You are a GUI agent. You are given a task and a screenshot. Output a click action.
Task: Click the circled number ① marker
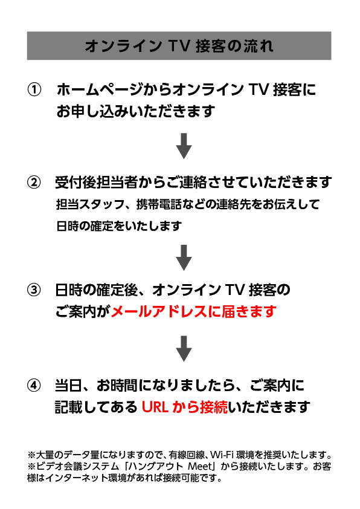[x=34, y=90]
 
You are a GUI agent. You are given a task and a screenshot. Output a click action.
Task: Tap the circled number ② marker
[x=34, y=183]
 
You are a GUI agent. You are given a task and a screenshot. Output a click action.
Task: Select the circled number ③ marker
[x=34, y=290]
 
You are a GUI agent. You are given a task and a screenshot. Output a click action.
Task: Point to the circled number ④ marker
[x=34, y=386]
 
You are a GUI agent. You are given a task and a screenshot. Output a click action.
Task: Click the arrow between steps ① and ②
[x=184, y=146]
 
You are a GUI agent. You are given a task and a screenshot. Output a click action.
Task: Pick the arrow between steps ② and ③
[x=184, y=258]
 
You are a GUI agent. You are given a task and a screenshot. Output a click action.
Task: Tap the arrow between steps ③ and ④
[x=184, y=349]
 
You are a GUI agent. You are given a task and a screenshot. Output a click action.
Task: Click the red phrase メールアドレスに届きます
[x=194, y=312]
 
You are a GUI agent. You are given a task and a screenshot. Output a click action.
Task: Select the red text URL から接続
[x=185, y=407]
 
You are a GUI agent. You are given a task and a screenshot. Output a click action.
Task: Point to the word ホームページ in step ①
[x=99, y=90]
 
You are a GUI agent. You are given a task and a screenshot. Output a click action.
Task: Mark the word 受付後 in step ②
[x=76, y=183]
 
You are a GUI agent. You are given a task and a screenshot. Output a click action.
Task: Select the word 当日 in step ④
[x=69, y=386]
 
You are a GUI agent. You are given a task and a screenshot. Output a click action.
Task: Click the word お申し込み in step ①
[x=92, y=111]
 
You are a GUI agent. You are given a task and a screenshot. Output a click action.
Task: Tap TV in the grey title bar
[x=179, y=46]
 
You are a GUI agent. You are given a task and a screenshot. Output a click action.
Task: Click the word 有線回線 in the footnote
[x=186, y=455]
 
